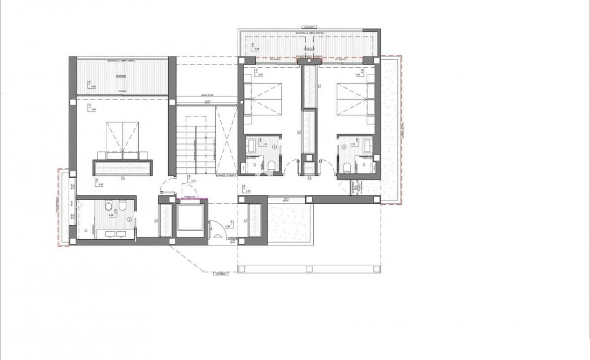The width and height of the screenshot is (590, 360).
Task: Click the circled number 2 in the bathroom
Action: pos(129,220)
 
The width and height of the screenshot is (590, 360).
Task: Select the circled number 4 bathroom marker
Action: pos(344,146)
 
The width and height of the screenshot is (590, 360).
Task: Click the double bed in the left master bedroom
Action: pos(122,139)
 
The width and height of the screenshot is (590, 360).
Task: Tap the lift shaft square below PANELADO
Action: pos(191,218)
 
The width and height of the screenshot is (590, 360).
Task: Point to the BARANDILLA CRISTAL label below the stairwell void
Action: pos(226,176)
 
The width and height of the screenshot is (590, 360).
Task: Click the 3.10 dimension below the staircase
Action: pos(193,180)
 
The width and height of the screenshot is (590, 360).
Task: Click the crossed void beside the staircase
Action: pos(226,139)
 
